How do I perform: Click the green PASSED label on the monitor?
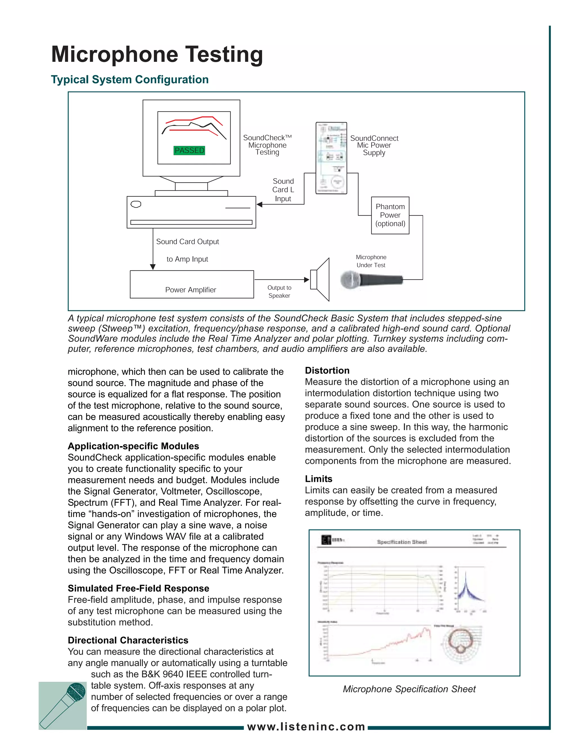(x=189, y=150)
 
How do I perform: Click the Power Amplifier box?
(x=192, y=285)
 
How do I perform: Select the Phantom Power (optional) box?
(x=390, y=215)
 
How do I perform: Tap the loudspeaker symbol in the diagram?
(x=320, y=279)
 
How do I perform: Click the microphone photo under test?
(x=371, y=280)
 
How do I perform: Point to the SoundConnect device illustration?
(x=331, y=158)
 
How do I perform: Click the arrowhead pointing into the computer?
(x=259, y=204)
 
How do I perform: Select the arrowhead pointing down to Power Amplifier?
(x=153, y=267)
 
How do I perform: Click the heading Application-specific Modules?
(x=133, y=446)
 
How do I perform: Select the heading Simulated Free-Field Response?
(x=138, y=588)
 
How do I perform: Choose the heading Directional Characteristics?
(x=128, y=640)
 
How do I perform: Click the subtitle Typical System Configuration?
(x=130, y=80)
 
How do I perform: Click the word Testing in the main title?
(x=224, y=55)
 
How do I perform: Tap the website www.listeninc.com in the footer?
(x=306, y=727)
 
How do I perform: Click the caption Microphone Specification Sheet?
(x=409, y=689)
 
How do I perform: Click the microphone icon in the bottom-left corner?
(x=63, y=705)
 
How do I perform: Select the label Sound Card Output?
(x=187, y=241)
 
